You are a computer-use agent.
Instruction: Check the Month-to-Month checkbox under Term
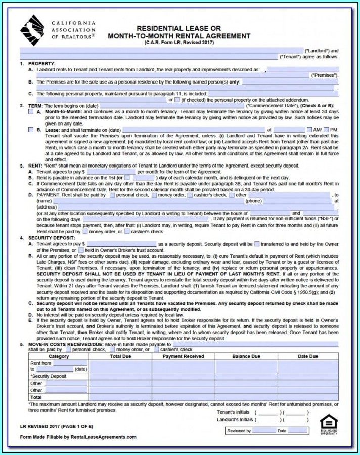pos(31,111)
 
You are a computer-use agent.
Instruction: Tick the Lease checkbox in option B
pos(31,130)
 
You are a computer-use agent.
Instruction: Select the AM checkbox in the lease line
pos(309,130)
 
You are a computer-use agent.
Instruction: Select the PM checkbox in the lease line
pos(326,130)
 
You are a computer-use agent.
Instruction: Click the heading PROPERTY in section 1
pos(38,63)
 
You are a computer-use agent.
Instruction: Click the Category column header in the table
pos(59,356)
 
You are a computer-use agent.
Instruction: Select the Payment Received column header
pos(184,356)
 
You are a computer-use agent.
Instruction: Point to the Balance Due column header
pos(246,356)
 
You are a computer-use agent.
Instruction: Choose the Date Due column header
pos(308,356)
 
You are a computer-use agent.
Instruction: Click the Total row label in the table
pos(36,397)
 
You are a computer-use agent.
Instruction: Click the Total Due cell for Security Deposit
pos(120,377)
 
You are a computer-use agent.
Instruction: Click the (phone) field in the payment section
pos(298,201)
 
